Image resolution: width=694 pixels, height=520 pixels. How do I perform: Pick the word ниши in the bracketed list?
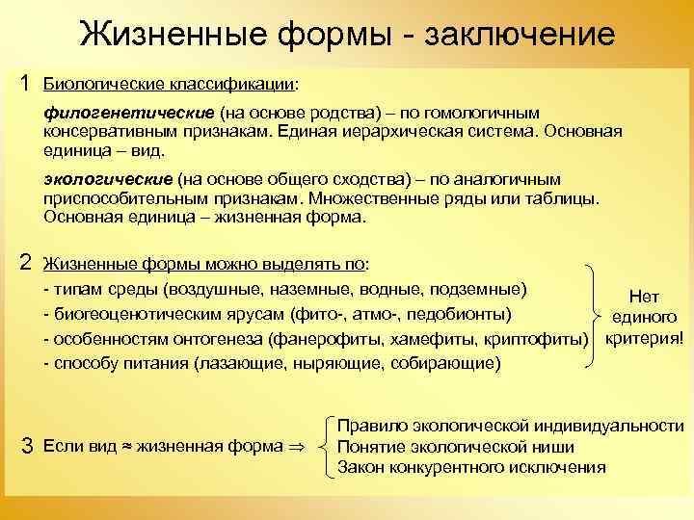point(552,447)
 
